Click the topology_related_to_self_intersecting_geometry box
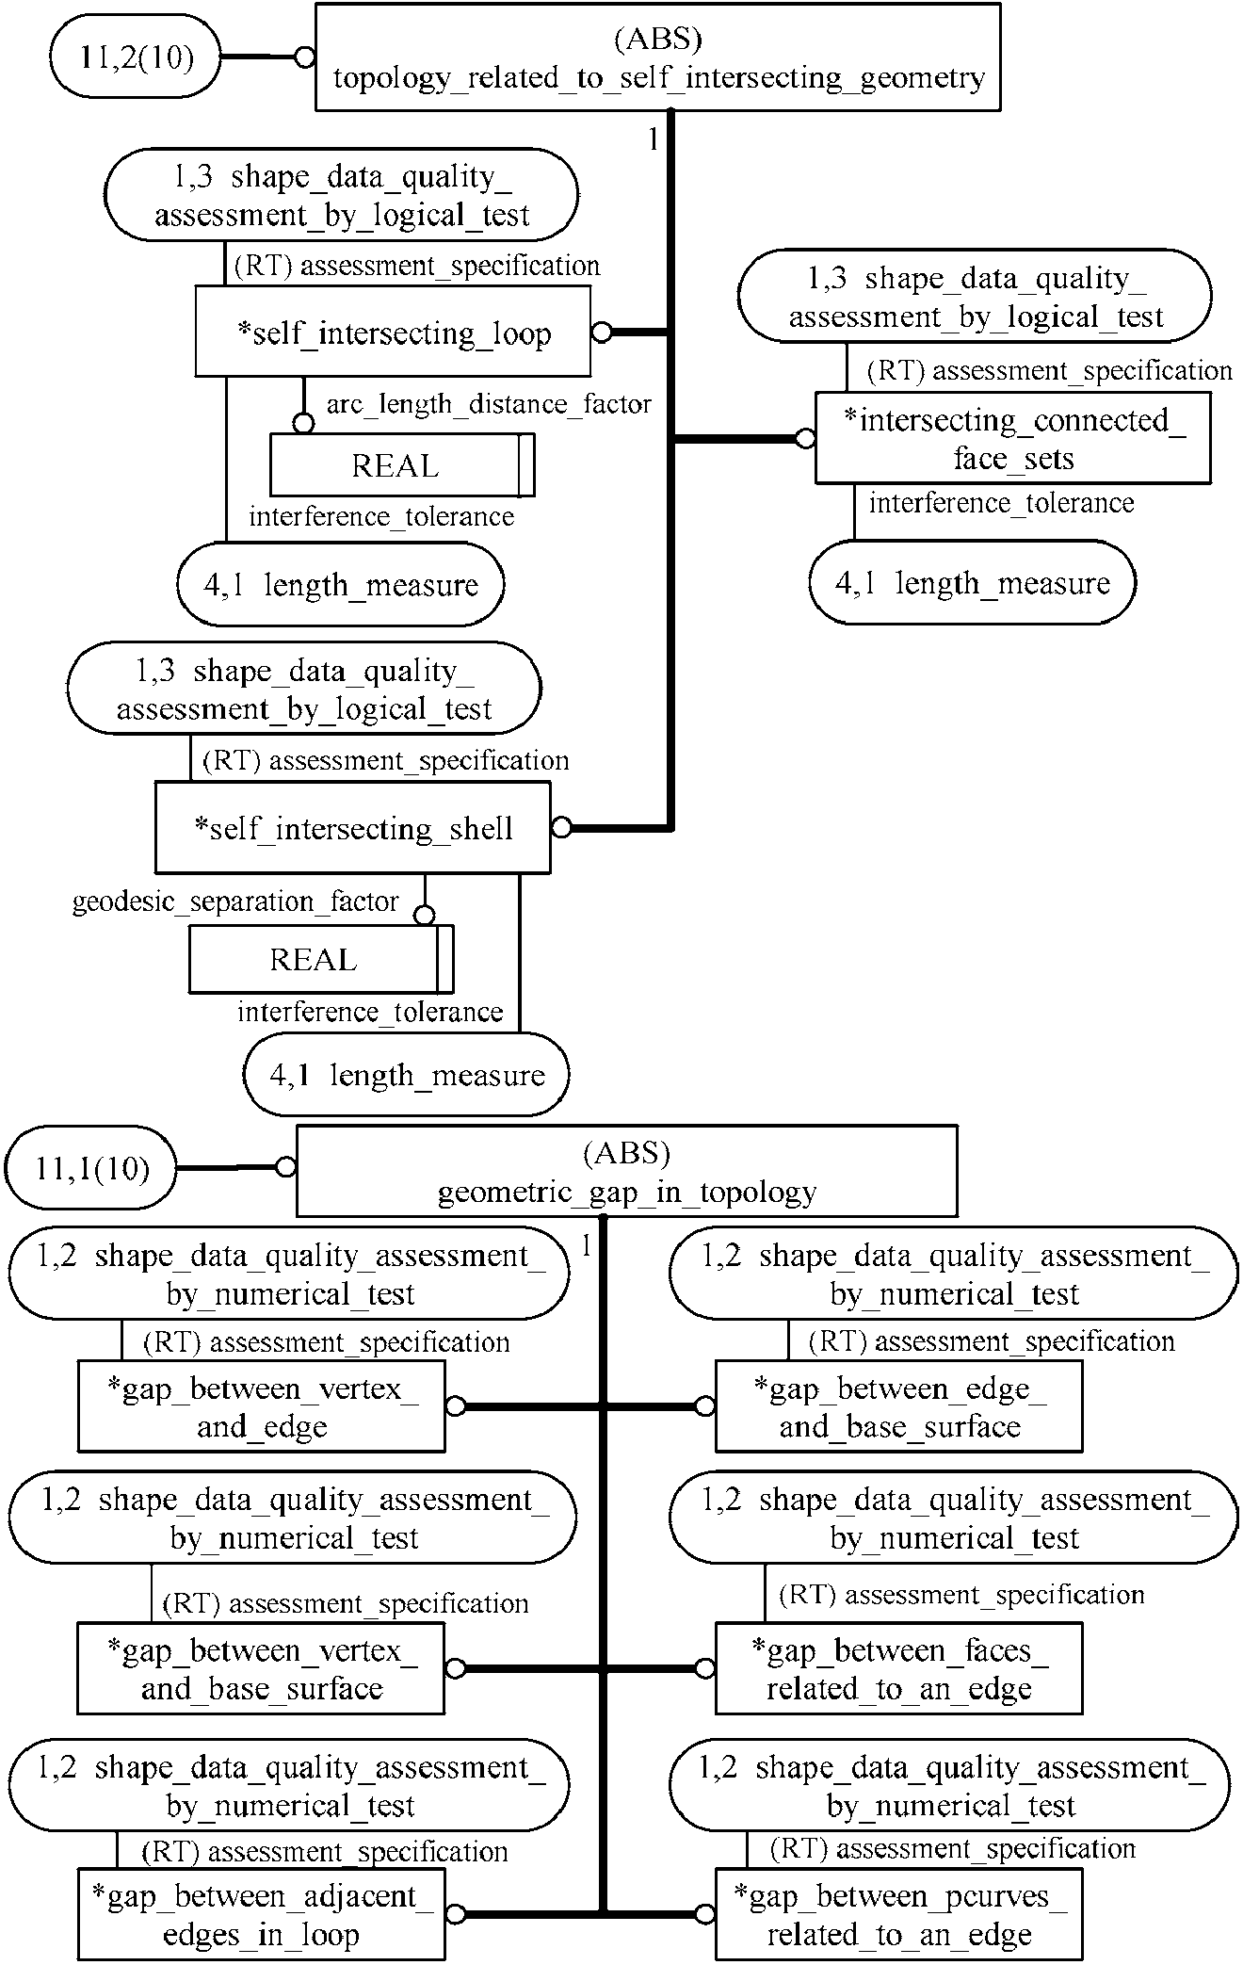657,57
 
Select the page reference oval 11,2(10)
137,57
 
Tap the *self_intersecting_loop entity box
393,333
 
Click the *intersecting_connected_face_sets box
1012,439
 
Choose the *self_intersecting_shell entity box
352,828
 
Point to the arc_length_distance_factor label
489,404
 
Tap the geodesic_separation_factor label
235,901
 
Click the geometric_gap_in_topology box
626,1171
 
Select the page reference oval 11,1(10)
91,1169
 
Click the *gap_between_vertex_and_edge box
261,1407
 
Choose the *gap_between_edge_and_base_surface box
898,1407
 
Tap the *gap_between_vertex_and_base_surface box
261,1668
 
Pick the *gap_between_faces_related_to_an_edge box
898,1668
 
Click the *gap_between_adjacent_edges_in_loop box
261,1914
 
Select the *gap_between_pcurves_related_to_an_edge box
898,1914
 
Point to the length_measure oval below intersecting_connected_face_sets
972,583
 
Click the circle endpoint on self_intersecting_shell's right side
561,828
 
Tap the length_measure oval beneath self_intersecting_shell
407,1075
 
